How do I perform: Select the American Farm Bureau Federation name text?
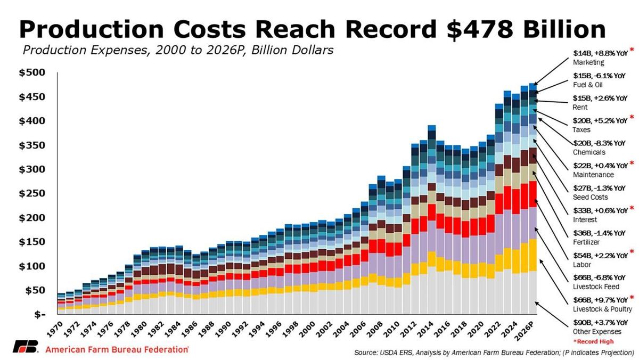tap(117, 349)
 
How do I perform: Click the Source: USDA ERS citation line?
tap(494, 353)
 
